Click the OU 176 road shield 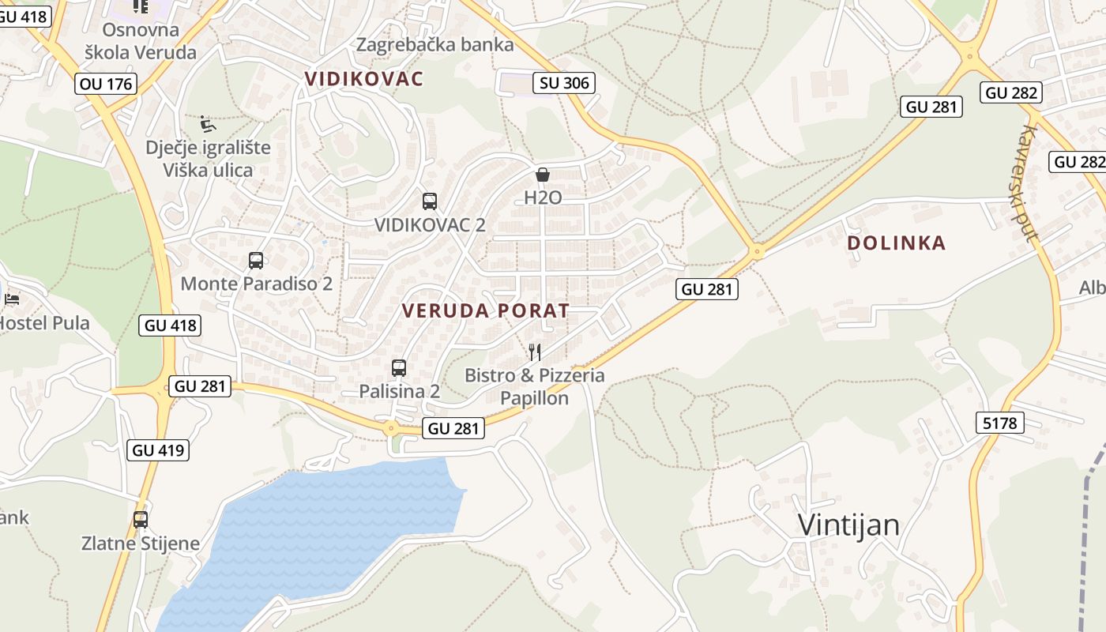coord(107,83)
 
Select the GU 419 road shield coord(158,450)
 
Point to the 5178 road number coord(999,423)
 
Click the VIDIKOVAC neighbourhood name coord(364,79)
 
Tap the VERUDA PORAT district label coord(485,310)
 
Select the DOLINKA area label coord(896,243)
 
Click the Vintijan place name coord(848,525)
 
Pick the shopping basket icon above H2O coord(543,175)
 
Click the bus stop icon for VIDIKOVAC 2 coord(430,201)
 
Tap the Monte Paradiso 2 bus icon coord(256,261)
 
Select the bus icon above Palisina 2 coord(399,368)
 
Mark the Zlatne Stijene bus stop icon coord(141,520)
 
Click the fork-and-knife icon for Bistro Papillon coord(535,352)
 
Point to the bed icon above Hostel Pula coord(12,299)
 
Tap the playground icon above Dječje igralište coord(208,124)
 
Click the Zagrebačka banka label coord(434,44)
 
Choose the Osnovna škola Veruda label coord(141,41)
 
